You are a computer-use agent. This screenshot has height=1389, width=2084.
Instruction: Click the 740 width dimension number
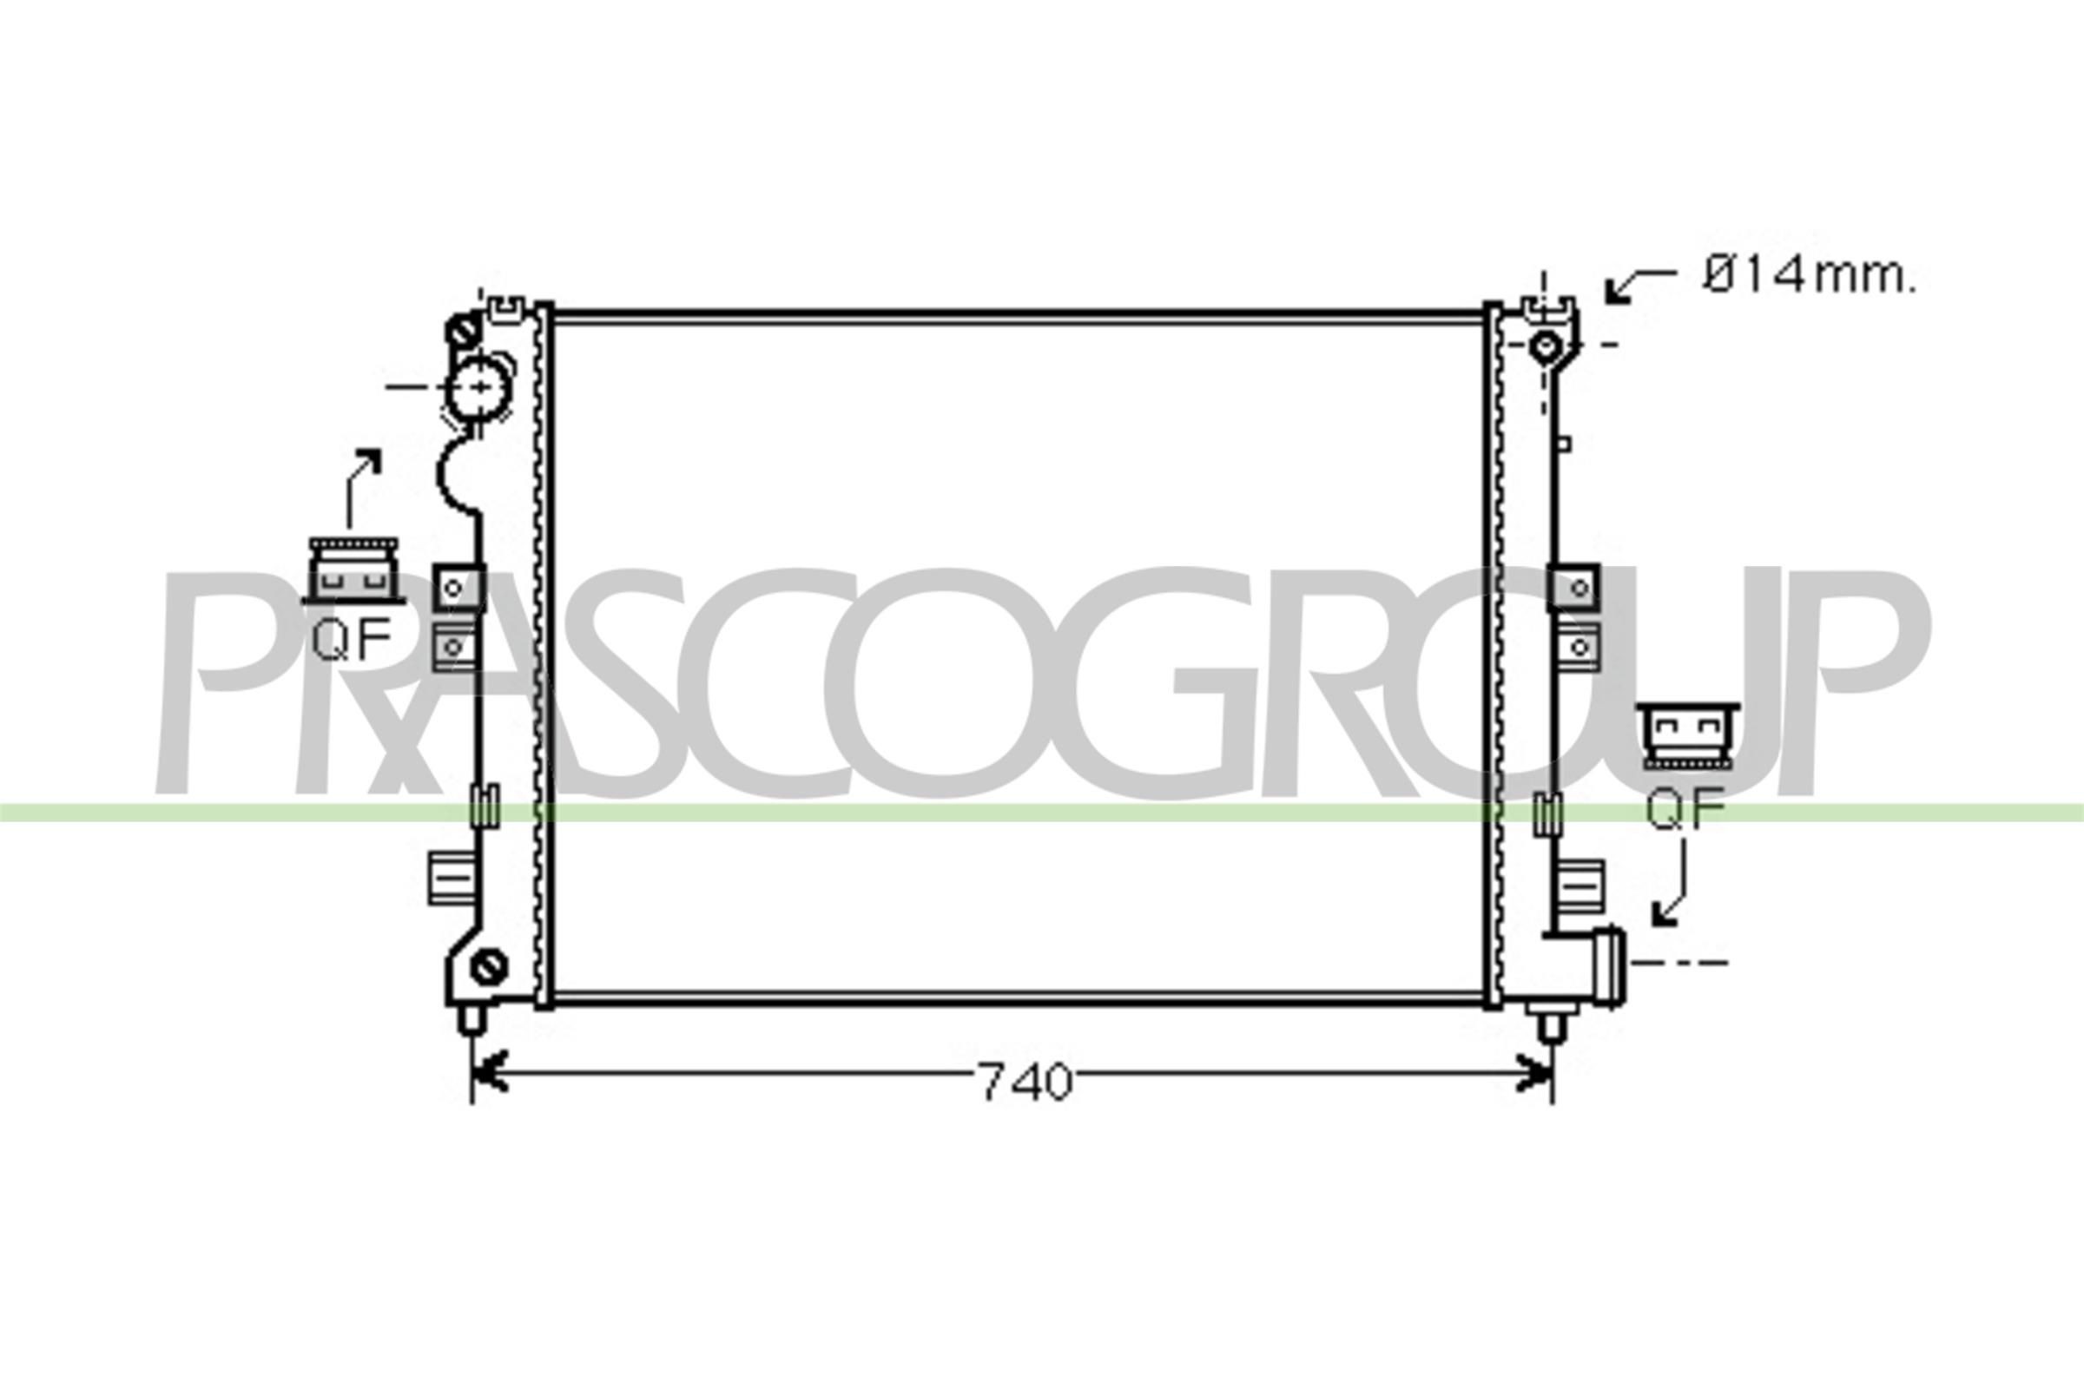(1026, 1082)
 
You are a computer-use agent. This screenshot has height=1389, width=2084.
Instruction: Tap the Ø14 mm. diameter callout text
(1808, 277)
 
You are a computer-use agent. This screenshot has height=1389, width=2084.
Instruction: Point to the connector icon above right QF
(1686, 735)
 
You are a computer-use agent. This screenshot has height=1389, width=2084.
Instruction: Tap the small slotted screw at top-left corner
(465, 332)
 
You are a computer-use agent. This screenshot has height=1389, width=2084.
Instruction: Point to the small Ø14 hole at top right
(1547, 344)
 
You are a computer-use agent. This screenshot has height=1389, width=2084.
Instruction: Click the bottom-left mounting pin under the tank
(471, 1019)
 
